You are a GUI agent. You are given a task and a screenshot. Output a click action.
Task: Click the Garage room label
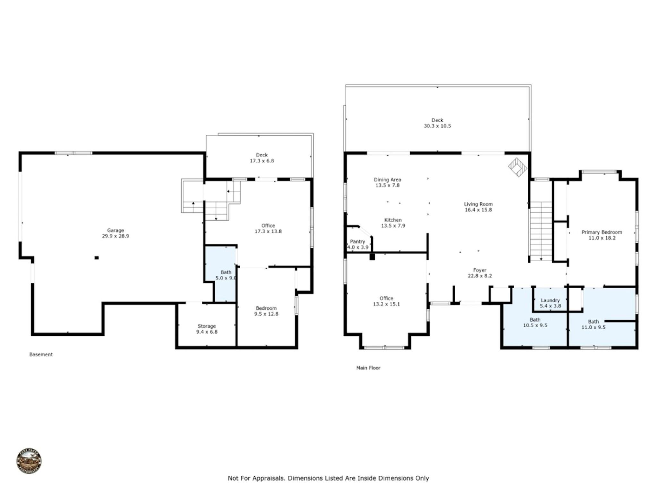tap(115, 230)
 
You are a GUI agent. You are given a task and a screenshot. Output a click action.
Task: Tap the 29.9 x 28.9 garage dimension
tap(115, 236)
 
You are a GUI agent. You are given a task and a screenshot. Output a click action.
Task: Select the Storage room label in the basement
tap(207, 326)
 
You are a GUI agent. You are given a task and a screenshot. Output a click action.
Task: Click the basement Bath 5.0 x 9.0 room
tap(226, 275)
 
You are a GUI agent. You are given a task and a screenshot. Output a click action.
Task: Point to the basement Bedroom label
tap(266, 308)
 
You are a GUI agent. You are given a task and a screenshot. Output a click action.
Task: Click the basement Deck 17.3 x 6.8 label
tap(262, 158)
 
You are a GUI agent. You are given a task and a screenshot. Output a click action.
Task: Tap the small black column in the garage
tap(97, 257)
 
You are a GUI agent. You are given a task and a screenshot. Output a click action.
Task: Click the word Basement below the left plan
tap(41, 355)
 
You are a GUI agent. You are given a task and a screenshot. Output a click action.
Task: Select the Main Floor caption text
tap(368, 368)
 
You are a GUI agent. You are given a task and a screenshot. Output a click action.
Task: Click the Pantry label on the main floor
tap(357, 241)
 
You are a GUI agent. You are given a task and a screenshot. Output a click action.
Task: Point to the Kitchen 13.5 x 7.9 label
tap(393, 223)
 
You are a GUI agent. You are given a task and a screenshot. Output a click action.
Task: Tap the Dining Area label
tap(388, 180)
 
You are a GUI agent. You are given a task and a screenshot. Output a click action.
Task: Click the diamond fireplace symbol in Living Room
tap(517, 167)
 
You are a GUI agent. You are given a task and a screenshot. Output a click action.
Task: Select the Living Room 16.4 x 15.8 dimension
tap(478, 210)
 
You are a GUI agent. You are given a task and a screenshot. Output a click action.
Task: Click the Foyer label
tap(480, 270)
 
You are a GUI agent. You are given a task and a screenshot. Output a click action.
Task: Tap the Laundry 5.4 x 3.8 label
tap(550, 303)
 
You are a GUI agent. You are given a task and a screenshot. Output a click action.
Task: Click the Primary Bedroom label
tap(602, 232)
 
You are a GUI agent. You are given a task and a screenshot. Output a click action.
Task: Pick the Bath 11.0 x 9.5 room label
tap(593, 324)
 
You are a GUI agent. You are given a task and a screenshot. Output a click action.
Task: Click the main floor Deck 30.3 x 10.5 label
tap(437, 123)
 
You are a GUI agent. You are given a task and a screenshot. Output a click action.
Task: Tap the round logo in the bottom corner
tap(29, 461)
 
